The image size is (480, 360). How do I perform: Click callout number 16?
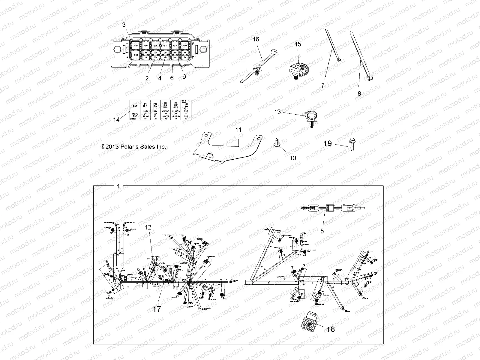256,39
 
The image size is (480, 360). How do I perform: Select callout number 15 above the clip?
298,44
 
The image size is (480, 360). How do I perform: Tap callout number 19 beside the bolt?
328,143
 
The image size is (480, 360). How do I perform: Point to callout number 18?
331,329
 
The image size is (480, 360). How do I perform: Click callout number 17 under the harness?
157,309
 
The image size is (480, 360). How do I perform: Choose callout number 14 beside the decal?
116,119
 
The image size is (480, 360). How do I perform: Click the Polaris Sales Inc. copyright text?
133,147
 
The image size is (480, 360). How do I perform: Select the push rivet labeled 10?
276,143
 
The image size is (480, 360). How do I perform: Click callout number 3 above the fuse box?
124,25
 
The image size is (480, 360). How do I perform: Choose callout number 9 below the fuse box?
184,76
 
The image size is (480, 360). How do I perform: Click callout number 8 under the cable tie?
359,93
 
